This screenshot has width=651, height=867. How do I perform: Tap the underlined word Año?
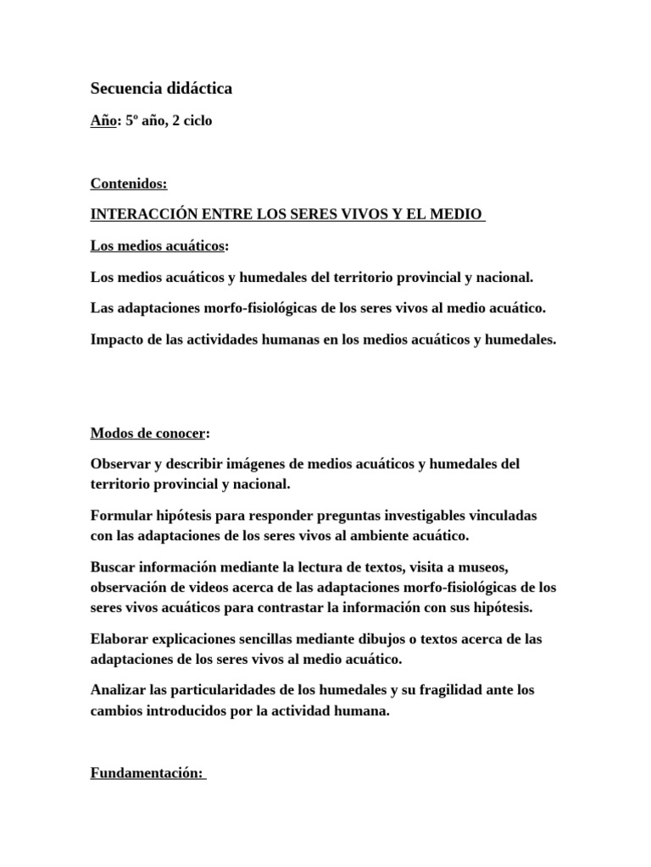pyautogui.click(x=101, y=120)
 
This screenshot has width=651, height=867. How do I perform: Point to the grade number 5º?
pyautogui.click(x=134, y=120)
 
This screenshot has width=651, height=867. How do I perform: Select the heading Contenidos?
pyautogui.click(x=129, y=185)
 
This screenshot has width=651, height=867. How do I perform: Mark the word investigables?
pyautogui.click(x=409, y=515)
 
